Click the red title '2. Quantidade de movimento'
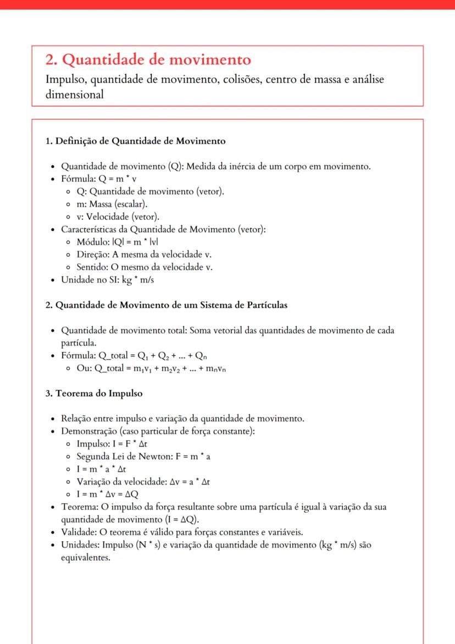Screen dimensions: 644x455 (x=148, y=59)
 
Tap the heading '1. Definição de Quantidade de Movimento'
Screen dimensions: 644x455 (x=135, y=141)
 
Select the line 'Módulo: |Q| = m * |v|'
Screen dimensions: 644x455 (x=118, y=242)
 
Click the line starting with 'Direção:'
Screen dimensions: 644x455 (x=144, y=255)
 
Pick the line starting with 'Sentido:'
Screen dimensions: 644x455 (x=144, y=267)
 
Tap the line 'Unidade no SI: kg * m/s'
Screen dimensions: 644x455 (x=109, y=280)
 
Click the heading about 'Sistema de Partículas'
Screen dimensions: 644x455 (x=166, y=304)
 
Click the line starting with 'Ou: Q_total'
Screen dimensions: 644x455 (x=152, y=368)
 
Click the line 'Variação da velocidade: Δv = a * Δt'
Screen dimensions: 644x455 (x=143, y=481)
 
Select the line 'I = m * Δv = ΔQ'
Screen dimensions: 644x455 (x=108, y=494)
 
